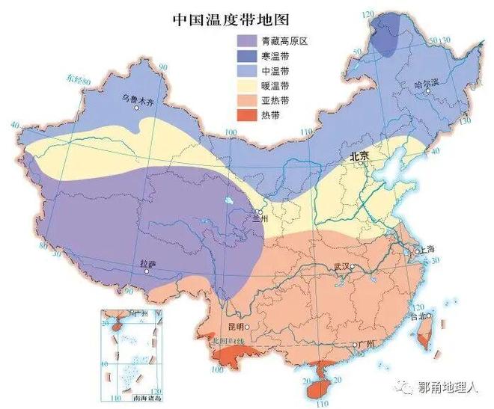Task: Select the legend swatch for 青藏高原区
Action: (x=246, y=41)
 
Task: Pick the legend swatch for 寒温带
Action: (x=246, y=56)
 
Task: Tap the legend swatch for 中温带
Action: (x=246, y=71)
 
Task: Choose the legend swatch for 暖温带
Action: (x=246, y=86)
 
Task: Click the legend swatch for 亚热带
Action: (x=246, y=100)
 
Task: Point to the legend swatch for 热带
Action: (x=246, y=115)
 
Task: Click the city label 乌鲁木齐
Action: (x=137, y=99)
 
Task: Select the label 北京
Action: (x=359, y=156)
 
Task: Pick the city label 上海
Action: (x=428, y=249)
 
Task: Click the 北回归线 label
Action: (x=224, y=341)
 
